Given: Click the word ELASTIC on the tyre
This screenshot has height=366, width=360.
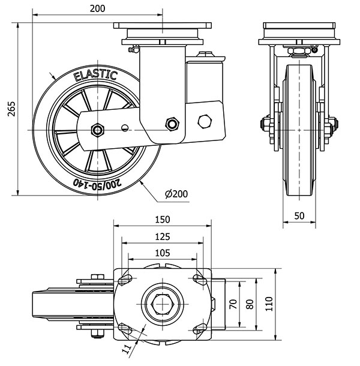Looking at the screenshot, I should pyautogui.click(x=95, y=75).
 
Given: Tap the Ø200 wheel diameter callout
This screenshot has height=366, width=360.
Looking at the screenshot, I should pyautogui.click(x=176, y=193).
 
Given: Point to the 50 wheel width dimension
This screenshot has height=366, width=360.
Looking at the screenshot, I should pyautogui.click(x=299, y=215).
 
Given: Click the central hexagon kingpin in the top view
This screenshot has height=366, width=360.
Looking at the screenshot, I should pyautogui.click(x=162, y=304).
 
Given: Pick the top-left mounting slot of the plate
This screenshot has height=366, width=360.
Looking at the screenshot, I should pyautogui.click(x=126, y=280).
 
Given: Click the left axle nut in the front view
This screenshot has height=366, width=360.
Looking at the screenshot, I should pyautogui.click(x=265, y=125).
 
